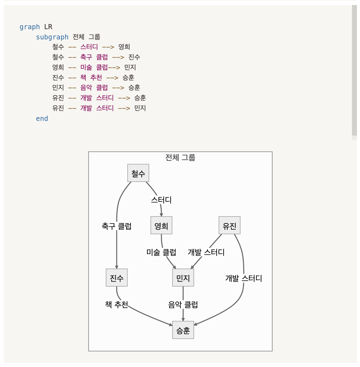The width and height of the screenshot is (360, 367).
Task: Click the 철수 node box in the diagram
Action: [138, 173]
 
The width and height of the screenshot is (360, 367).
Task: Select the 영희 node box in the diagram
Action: [161, 225]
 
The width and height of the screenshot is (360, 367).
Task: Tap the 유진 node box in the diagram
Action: [229, 225]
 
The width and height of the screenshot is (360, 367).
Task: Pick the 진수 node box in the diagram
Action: [116, 277]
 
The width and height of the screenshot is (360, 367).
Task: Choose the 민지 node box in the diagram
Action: [183, 277]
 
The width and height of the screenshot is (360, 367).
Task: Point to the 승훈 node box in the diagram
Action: [183, 330]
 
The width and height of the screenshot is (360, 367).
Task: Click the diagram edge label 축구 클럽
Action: [116, 226]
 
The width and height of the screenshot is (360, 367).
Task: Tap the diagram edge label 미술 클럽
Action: [161, 252]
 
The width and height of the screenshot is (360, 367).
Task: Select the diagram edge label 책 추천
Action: [116, 304]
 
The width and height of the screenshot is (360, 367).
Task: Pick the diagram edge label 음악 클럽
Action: [183, 305]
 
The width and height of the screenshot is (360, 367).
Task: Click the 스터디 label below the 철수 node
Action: [161, 200]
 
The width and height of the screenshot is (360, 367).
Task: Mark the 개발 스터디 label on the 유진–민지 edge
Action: [206, 252]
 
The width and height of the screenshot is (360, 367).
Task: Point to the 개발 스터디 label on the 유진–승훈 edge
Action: [244, 278]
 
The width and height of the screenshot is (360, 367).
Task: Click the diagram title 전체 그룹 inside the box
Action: [180, 158]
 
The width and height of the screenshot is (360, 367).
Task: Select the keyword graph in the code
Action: [30, 27]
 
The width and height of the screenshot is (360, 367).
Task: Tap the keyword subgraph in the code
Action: [52, 37]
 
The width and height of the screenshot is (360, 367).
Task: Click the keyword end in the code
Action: [42, 119]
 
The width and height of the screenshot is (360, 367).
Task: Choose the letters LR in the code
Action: [48, 27]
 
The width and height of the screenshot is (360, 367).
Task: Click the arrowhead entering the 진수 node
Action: [117, 267]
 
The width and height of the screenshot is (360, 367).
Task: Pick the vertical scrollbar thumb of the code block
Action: [354, 71]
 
